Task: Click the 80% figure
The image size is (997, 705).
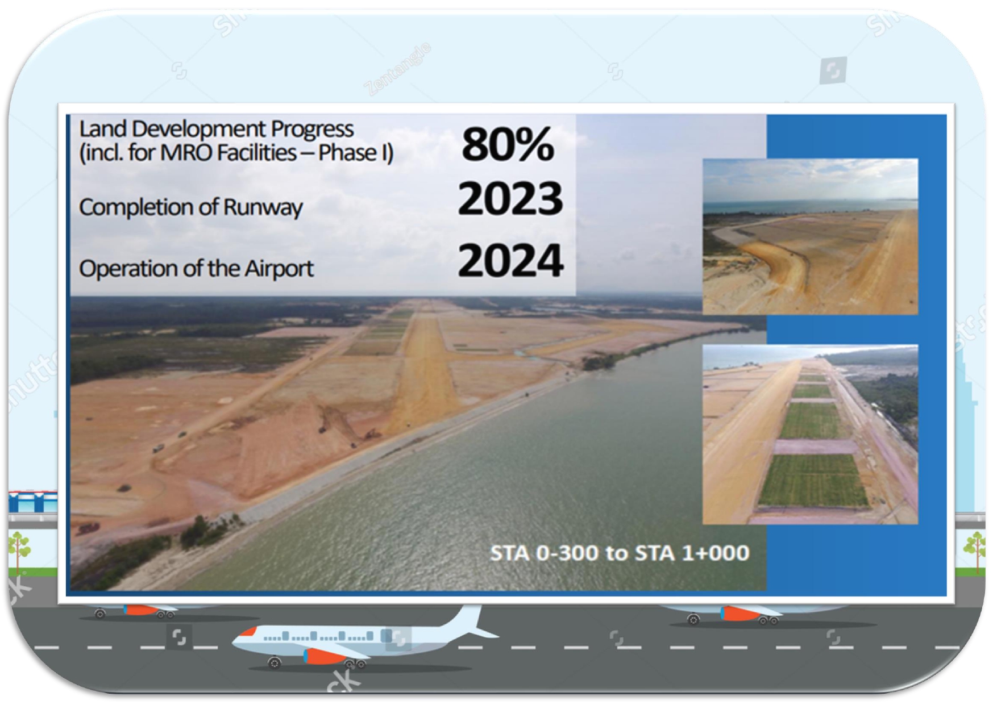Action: (508, 144)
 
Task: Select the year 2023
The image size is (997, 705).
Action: (510, 199)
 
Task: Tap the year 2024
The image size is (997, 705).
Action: (510, 261)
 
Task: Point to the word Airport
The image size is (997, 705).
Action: (279, 268)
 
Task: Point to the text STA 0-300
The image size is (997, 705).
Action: (547, 553)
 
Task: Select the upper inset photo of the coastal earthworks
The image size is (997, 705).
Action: (809, 236)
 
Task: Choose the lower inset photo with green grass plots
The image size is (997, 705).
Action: (809, 434)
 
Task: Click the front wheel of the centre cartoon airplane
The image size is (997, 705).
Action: (275, 662)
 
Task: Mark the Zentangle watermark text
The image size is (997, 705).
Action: (398, 69)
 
